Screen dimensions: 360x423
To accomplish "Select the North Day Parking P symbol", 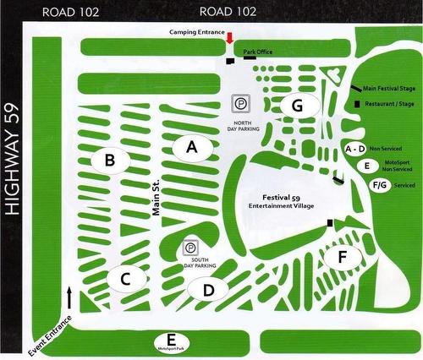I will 240,105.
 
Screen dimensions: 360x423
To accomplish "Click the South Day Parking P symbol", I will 191,248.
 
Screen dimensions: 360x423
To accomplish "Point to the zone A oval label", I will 191,146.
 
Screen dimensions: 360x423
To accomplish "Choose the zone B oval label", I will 108,158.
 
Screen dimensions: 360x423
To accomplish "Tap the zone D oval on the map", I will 208,290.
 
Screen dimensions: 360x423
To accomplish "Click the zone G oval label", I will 297,106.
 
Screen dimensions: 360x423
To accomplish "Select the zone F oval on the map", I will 342,255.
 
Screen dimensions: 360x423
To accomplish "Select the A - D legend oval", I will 354,149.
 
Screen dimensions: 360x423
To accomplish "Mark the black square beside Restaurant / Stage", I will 355,103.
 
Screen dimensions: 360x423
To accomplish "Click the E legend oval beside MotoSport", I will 365,166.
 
